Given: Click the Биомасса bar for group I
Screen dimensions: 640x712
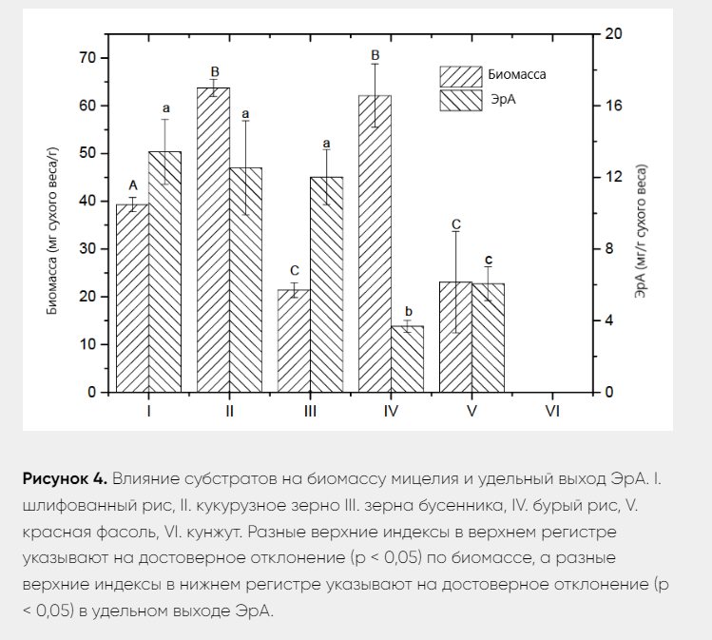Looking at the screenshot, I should point(132,298).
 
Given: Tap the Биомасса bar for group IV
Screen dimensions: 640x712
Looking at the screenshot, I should point(375,243).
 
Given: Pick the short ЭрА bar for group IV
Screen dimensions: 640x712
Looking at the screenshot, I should point(407,359).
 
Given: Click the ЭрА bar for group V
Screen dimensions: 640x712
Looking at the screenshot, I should point(488,338).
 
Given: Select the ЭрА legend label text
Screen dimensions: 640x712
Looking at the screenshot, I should point(503,99).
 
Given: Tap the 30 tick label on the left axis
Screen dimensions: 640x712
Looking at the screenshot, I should point(88,249).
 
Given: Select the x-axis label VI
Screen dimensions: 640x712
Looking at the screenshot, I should point(552,411).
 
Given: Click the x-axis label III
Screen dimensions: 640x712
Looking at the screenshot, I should point(310,411).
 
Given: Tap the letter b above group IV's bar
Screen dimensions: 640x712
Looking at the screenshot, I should point(409,312).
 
